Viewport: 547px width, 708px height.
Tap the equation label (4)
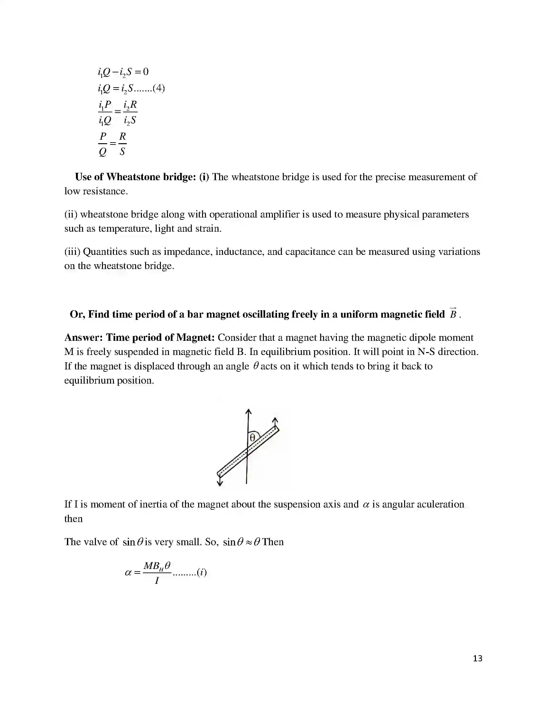[x=158, y=88]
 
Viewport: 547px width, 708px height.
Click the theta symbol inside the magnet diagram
[x=253, y=438]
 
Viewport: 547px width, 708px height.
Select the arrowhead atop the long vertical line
[x=248, y=412]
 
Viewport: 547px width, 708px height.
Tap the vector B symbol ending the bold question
[x=453, y=314]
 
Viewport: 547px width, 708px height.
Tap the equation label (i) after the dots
[x=201, y=573]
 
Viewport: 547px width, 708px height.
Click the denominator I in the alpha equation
[x=157, y=581]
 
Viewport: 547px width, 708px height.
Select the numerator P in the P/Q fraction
[x=103, y=136]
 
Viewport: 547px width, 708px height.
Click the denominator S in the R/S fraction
[x=122, y=151]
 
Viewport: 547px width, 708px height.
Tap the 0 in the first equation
[x=145, y=72]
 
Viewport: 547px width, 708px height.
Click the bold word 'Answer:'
[x=84, y=338]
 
